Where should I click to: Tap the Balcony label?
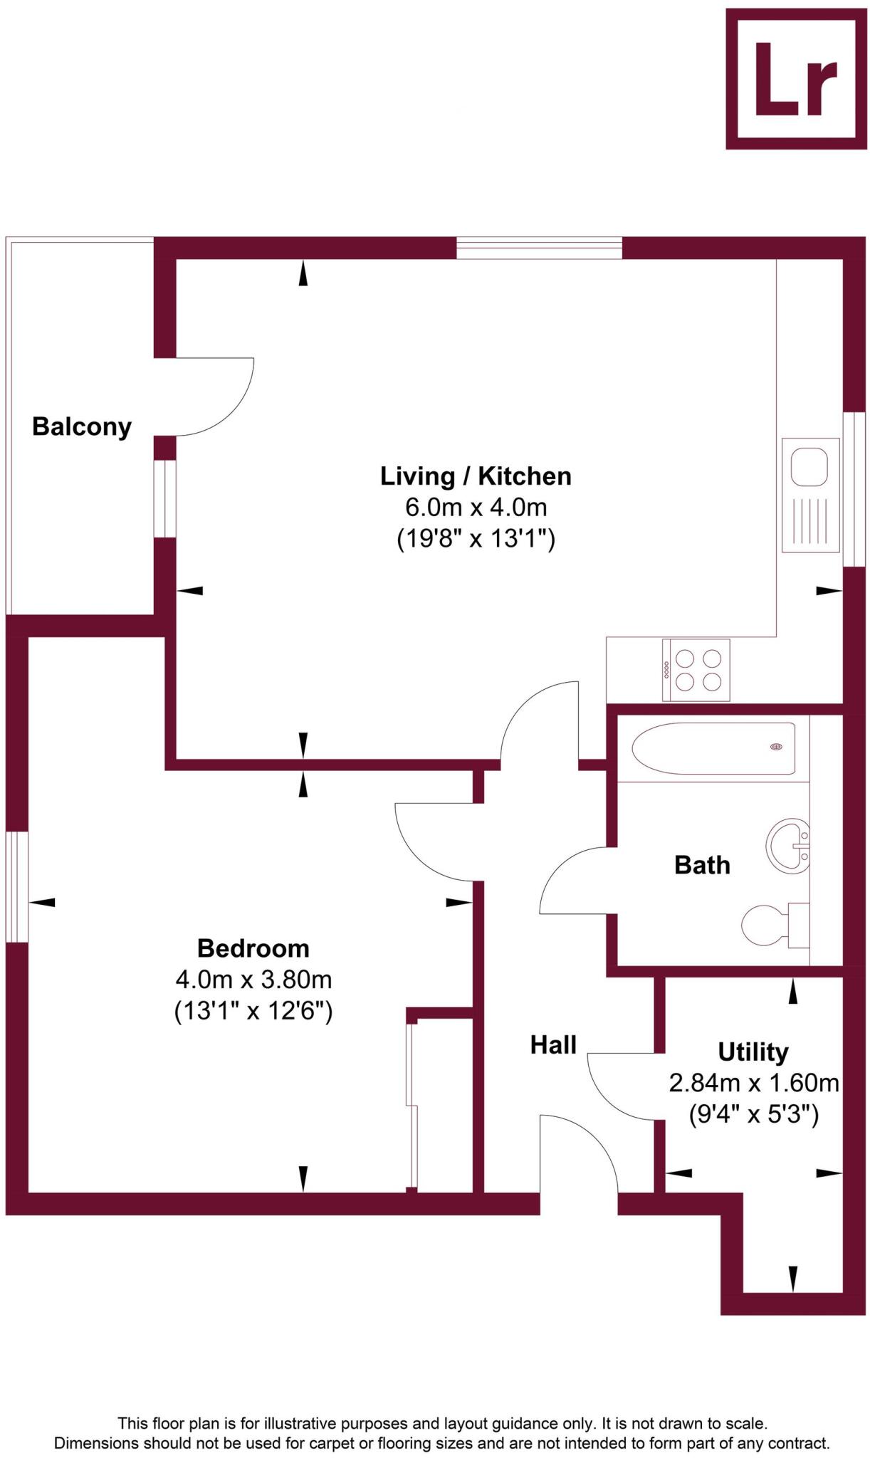(x=82, y=427)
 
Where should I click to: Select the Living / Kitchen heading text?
(x=476, y=476)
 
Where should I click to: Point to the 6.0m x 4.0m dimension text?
(x=476, y=508)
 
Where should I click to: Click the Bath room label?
(x=702, y=865)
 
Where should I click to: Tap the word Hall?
(x=553, y=1045)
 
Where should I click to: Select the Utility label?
(x=753, y=1051)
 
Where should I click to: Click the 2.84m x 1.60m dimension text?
(x=753, y=1083)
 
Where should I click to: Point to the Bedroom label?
(x=253, y=948)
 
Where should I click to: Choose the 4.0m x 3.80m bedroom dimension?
(x=253, y=980)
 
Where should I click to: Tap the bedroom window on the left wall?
(x=16, y=886)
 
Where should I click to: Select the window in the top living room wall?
(x=539, y=248)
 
